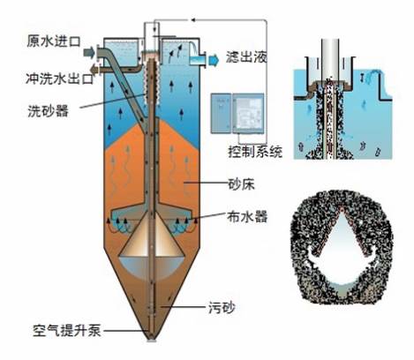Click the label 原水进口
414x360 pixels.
pyautogui.click(x=54, y=41)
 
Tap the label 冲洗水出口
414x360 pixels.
pyautogui.click(x=60, y=79)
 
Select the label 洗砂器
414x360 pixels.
pyautogui.click(x=48, y=111)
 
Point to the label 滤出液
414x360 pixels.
pyautogui.click(x=246, y=57)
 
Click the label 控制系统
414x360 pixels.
pyautogui.click(x=255, y=152)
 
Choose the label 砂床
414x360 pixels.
pyautogui.click(x=241, y=184)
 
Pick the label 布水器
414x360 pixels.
pyautogui.click(x=247, y=217)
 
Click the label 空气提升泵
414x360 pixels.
pyautogui.click(x=67, y=331)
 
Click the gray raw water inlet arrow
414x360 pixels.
pyautogui.click(x=89, y=53)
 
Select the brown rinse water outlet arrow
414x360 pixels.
pyautogui.click(x=95, y=70)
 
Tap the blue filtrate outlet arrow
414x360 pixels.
pyautogui.click(x=214, y=60)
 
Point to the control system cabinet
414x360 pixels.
pyautogui.click(x=237, y=113)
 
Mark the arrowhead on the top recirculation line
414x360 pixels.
pyautogui.click(x=193, y=20)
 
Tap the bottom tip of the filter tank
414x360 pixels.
pyautogui.click(x=152, y=341)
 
